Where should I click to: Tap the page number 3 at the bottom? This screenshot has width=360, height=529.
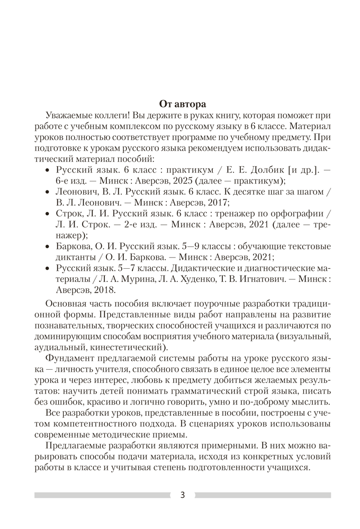(x=183, y=495)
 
